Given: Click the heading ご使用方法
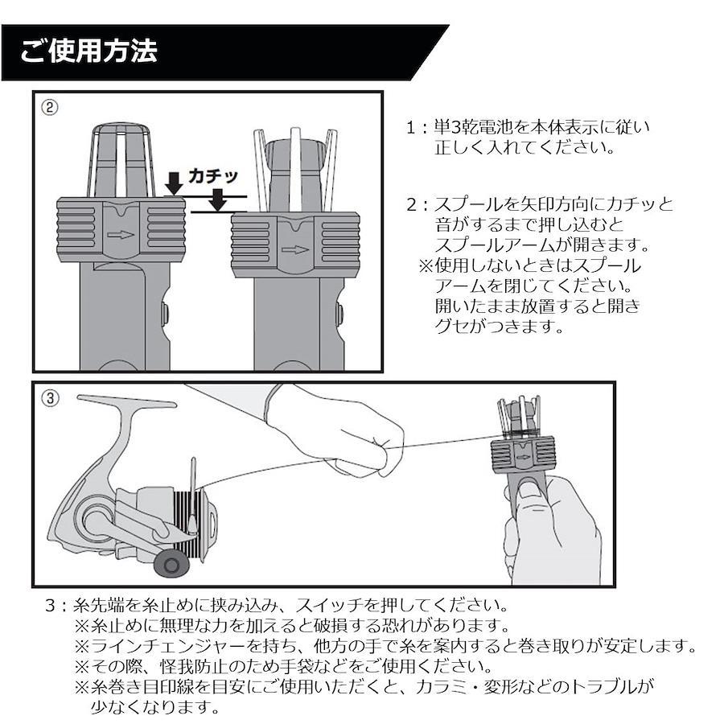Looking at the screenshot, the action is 88,51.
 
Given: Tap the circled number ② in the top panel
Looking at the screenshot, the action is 50,108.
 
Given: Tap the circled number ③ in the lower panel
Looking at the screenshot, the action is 51,398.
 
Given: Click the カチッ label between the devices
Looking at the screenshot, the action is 213,176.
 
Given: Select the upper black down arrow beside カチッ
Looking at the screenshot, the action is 174,183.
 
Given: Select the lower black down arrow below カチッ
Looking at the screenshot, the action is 219,200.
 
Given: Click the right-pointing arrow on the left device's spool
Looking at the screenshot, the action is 121,235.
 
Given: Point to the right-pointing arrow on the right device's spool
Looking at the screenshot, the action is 295,250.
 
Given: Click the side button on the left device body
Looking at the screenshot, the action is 164,313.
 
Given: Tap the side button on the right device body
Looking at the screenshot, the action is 339,315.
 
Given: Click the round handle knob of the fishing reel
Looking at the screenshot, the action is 171,563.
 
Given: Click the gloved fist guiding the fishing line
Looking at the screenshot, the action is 360,438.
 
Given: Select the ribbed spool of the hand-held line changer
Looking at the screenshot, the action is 522,456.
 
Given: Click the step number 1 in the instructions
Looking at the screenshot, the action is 411,127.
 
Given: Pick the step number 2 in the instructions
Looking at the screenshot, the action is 412,204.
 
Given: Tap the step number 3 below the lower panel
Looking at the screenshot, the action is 51,605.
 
